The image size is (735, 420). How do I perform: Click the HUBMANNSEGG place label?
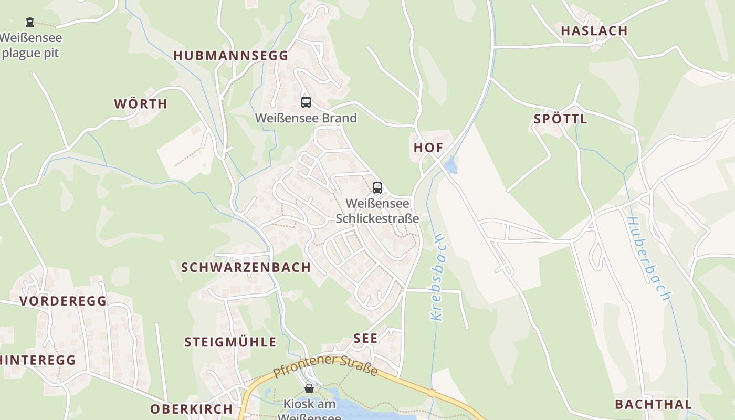point(231,56)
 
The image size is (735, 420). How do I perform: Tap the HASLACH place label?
point(594,31)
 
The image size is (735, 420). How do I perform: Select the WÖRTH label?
point(141,104)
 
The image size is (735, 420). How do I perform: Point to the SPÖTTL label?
point(560,119)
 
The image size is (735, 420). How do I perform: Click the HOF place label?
point(428,148)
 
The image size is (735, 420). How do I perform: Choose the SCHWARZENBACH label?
point(246,268)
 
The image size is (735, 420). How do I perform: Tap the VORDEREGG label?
point(63,301)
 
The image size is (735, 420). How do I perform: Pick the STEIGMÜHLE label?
point(230,342)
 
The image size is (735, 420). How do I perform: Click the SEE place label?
point(365,339)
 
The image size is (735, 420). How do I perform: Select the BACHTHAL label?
point(653,404)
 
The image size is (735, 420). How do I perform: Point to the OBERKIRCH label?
point(191,409)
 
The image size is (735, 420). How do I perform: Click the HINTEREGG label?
point(38,360)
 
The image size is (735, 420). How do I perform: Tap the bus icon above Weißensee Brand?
point(306,102)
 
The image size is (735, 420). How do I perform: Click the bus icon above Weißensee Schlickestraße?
point(377,187)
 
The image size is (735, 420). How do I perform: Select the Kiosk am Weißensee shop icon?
point(309,388)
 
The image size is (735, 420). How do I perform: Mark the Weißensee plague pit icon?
point(30,22)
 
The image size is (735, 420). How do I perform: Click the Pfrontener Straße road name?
point(325,366)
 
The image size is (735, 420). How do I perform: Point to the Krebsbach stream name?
point(437,277)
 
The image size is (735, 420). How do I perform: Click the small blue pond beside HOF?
point(450,167)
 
